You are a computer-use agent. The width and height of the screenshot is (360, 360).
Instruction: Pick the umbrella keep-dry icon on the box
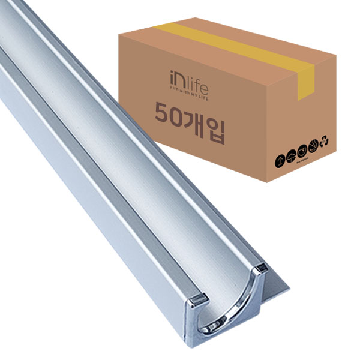(x=292, y=153)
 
